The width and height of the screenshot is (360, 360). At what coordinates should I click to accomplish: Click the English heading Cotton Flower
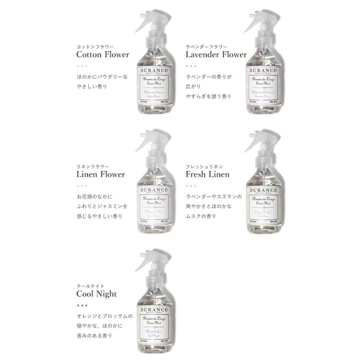102,54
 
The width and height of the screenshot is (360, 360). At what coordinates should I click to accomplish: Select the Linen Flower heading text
100,174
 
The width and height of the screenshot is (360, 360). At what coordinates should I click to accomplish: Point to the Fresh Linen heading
208,174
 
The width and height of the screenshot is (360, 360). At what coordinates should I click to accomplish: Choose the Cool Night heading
96,294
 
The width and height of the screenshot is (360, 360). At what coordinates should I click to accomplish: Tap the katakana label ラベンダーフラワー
205,46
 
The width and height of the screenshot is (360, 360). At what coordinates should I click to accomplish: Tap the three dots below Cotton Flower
82,66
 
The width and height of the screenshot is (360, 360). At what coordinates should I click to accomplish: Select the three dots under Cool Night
82,306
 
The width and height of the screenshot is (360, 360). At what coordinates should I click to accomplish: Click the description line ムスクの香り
201,216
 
